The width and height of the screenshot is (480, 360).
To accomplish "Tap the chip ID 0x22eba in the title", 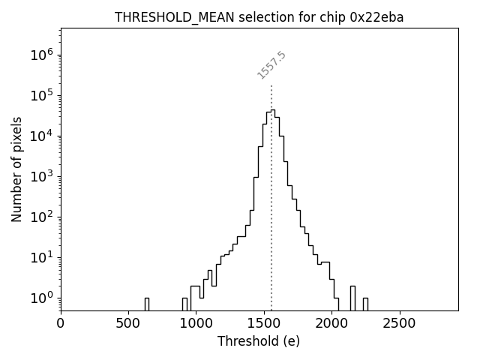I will click(376, 17).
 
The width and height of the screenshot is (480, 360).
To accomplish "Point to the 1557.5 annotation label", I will click(272, 64).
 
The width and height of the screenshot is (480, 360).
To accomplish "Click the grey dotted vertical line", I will click(271, 195).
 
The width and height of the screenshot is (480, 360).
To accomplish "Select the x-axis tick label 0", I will click(61, 323).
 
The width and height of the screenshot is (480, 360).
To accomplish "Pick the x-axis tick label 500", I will click(128, 323).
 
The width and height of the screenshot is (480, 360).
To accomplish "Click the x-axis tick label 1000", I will click(196, 323).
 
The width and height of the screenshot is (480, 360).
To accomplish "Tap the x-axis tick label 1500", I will click(264, 323).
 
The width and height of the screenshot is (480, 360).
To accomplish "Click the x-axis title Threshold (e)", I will click(259, 341).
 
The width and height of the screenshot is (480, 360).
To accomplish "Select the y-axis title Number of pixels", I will click(16, 169).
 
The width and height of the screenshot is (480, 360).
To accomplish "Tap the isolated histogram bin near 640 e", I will click(147, 304).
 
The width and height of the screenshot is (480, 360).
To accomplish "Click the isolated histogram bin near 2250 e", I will click(365, 304).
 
